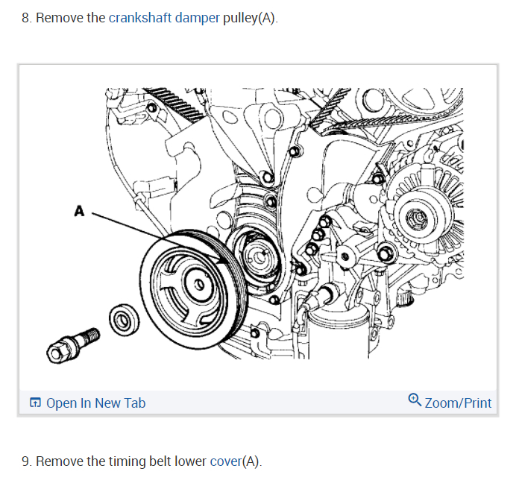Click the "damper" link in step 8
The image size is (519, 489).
coord(198,17)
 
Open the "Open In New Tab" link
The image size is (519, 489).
coord(95,403)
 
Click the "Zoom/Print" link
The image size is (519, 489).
coord(458,403)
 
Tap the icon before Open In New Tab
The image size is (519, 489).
coord(35,403)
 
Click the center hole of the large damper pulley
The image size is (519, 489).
coord(198,284)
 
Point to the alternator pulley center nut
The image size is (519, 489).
coord(414,218)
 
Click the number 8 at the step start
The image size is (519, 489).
coord(25,17)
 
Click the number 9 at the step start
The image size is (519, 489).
coord(25,461)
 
